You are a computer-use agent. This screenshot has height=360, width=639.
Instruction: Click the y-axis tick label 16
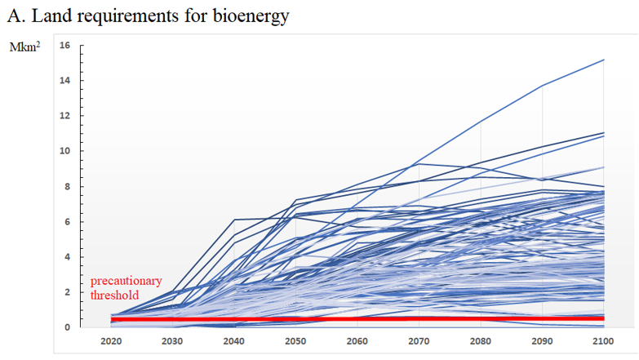pos(65,46)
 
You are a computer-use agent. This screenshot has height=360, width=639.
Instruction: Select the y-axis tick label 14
pos(65,81)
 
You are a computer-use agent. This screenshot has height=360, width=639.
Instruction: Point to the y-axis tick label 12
pos(65,116)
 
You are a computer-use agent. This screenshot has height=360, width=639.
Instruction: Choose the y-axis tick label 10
pos(65,151)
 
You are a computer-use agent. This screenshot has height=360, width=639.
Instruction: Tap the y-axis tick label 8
pos(68,186)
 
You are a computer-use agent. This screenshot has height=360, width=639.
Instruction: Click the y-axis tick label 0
pos(68,327)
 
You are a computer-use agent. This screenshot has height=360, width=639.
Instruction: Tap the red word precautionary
pos(126,281)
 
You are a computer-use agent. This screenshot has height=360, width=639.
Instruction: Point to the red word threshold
pos(114,295)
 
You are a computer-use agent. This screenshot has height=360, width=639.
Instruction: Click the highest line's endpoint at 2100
pos(603,60)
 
